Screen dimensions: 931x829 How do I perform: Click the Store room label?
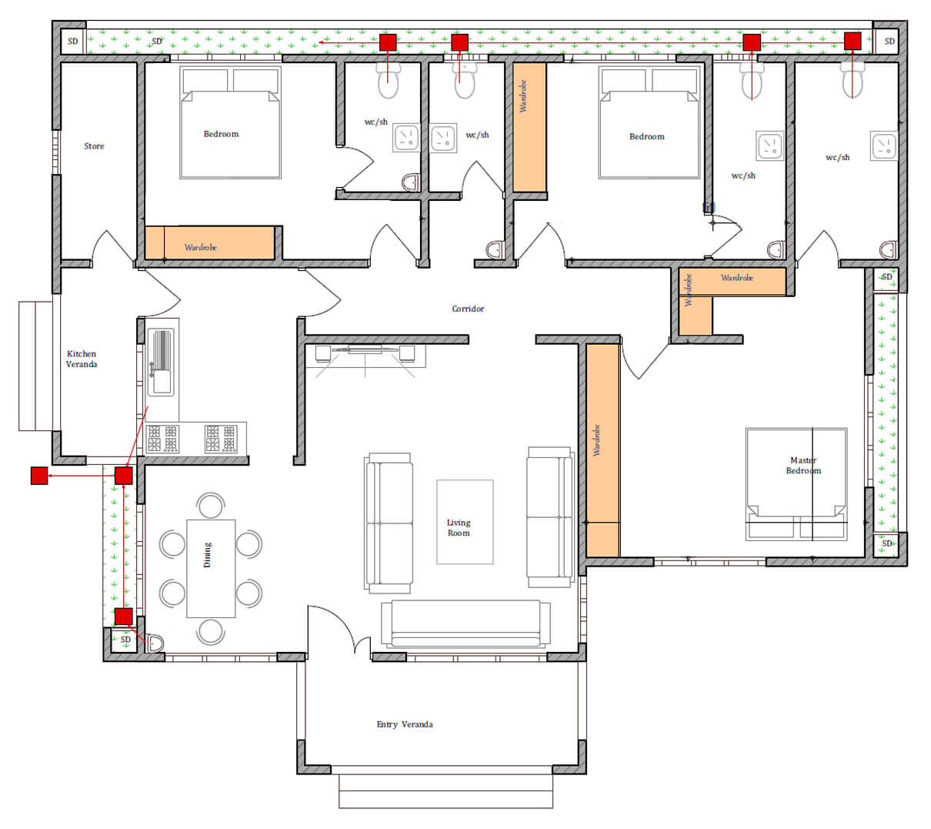[x=94, y=145]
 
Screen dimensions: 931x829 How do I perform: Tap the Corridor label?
[x=468, y=309]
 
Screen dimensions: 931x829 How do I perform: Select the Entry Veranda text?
[x=405, y=724]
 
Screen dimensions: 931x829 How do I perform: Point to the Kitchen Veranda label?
[x=82, y=359]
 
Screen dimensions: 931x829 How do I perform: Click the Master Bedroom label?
[x=803, y=465]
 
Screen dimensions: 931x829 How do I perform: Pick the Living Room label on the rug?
[x=459, y=527]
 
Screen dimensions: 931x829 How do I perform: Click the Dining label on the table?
[x=207, y=554]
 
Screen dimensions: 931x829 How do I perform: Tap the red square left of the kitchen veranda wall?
[x=39, y=476]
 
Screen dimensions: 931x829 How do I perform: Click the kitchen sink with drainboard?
[x=161, y=362]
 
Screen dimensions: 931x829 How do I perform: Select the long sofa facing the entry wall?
[x=465, y=624]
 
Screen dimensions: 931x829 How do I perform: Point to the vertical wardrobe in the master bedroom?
[x=603, y=450]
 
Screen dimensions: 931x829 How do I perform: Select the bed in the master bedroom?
[x=796, y=484]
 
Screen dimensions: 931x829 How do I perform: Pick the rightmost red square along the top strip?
[x=853, y=41]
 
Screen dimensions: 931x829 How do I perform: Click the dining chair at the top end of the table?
[x=211, y=505]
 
